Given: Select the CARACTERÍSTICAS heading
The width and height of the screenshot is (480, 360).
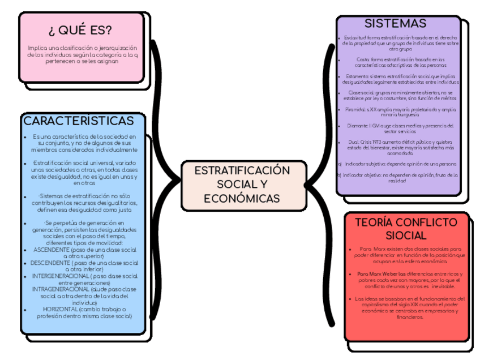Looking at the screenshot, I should click(79, 121).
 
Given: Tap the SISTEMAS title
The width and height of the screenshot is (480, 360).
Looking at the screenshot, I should click(395, 24).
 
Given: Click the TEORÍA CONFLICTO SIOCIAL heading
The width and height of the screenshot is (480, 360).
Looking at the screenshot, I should click(406, 229).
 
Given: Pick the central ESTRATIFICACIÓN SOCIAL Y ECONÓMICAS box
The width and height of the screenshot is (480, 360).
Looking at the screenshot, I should click(242, 185).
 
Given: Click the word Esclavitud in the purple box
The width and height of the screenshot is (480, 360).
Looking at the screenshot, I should click(354, 37).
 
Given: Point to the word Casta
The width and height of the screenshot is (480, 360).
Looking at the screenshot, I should click(362, 59).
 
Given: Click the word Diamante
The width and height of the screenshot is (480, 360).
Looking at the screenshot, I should click(357, 126).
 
